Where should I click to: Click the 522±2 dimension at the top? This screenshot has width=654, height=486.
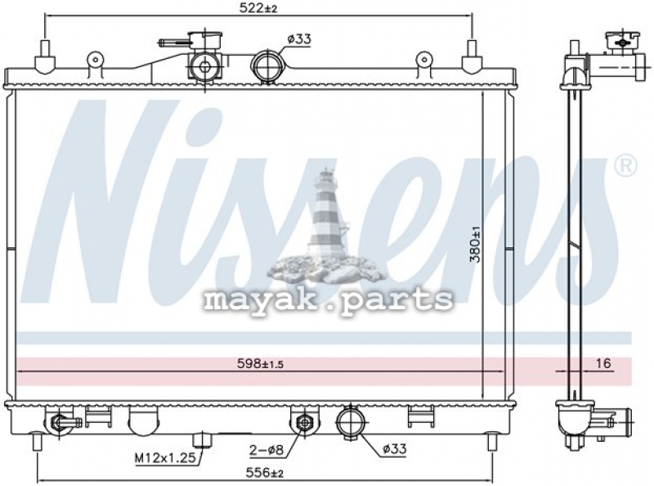pyautogui.click(x=258, y=7)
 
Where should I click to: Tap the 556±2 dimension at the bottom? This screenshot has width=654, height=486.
pyautogui.click(x=265, y=473)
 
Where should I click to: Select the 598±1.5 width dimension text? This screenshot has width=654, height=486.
pyautogui.click(x=260, y=363)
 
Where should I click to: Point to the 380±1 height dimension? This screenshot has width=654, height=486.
pyautogui.click(x=475, y=245)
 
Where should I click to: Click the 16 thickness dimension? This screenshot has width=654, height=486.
pyautogui.click(x=603, y=363)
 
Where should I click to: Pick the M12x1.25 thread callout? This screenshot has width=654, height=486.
pyautogui.click(x=165, y=458)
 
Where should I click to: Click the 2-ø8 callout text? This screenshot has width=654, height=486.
pyautogui.click(x=267, y=450)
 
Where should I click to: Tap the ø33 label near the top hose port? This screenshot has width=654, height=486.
pyautogui.click(x=299, y=39)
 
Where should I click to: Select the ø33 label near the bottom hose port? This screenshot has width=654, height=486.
pyautogui.click(x=394, y=449)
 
